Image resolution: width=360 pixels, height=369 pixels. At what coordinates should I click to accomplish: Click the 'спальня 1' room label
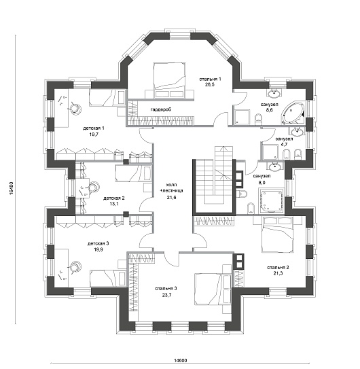210,79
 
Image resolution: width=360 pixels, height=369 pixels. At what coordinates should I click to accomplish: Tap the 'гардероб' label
161,109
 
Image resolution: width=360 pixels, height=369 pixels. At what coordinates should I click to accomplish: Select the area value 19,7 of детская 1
94,135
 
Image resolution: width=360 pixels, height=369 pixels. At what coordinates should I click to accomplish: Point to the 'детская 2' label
114,198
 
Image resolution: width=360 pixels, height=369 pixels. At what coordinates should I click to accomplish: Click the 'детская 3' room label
98,243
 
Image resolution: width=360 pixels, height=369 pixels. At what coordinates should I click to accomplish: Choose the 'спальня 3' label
166,289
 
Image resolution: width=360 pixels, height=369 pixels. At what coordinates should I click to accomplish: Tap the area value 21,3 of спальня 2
278,273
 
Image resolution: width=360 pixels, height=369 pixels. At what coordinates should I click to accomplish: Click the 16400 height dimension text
12,188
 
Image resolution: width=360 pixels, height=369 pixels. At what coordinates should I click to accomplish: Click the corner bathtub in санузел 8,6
294,113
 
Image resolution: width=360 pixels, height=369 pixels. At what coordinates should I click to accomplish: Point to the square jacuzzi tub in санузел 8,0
272,200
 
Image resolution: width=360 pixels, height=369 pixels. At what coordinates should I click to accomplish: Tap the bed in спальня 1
169,80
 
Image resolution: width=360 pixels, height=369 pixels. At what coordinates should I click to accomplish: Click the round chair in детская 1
75,109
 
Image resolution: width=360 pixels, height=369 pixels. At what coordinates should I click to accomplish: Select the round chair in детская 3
75,267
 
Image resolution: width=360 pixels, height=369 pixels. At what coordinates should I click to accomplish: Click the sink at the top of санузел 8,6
274,93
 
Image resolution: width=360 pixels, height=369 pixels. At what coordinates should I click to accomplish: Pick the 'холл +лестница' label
170,188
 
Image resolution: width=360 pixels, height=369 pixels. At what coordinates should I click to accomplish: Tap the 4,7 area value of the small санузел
285,145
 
